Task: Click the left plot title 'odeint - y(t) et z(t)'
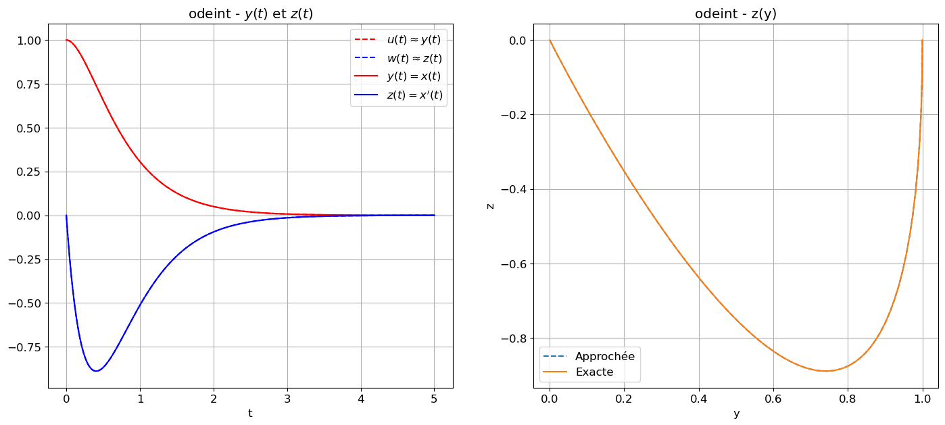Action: (250, 14)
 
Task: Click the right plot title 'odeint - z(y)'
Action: (736, 14)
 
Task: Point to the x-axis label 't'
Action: (250, 413)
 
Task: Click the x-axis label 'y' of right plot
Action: (736, 413)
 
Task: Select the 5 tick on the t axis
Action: (434, 398)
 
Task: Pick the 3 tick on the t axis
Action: (287, 398)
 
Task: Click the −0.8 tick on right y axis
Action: (514, 338)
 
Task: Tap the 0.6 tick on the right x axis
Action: (773, 398)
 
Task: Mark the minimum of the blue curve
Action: (96, 371)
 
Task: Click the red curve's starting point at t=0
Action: (66, 40)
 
